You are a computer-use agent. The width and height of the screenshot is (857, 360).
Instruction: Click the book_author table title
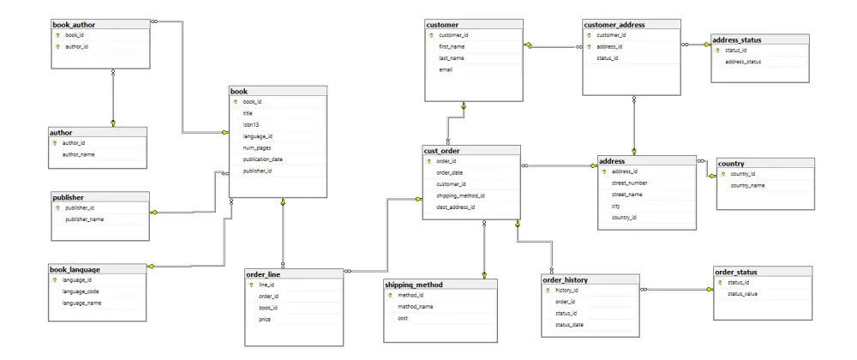click(74, 25)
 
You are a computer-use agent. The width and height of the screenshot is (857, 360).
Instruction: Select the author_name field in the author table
click(79, 154)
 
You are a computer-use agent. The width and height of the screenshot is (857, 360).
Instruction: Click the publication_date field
click(263, 159)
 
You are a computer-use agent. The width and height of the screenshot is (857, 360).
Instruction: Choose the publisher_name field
click(85, 219)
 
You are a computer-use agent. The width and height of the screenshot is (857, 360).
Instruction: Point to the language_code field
click(81, 291)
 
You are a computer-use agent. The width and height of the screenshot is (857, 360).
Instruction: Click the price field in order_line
click(265, 319)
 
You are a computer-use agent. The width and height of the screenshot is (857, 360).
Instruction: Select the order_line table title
click(263, 274)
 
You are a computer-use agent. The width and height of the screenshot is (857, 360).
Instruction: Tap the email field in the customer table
click(446, 70)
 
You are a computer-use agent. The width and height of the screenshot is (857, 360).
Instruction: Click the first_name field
click(452, 46)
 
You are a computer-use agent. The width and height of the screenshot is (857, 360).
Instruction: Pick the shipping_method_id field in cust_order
click(461, 195)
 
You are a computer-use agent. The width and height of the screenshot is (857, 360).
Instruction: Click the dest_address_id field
click(456, 207)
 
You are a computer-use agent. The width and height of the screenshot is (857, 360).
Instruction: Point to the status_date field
click(569, 325)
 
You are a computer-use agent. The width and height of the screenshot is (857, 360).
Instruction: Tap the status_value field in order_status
click(742, 294)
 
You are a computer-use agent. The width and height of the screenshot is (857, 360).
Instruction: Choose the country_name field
click(747, 186)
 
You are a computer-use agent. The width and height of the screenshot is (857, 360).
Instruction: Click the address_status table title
click(736, 40)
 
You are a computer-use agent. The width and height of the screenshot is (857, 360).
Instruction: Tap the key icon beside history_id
click(547, 290)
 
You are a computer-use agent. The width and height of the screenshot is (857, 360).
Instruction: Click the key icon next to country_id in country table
click(723, 174)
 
